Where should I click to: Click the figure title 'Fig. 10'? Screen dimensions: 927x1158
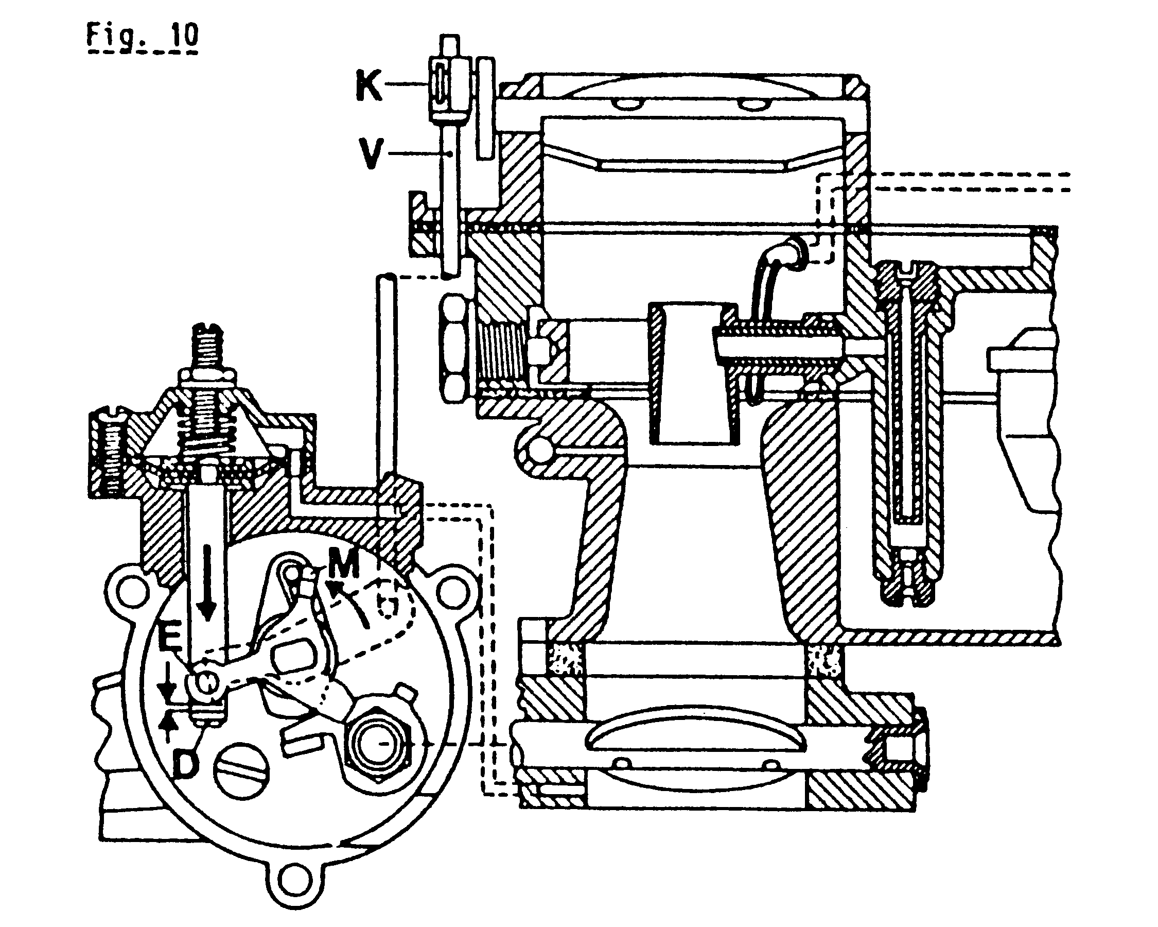click(143, 37)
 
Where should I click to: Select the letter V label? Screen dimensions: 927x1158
click(371, 153)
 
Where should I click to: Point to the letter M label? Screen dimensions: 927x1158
click(343, 565)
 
